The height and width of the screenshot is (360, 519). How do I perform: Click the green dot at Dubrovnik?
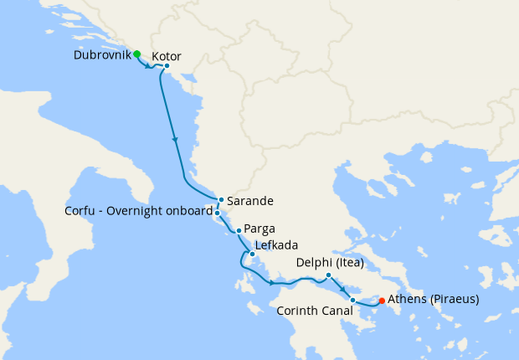pyautogui.click(x=137, y=54)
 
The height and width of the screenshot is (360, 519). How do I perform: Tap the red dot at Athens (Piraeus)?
pyautogui.click(x=382, y=301)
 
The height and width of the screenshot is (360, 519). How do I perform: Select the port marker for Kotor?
pyautogui.click(x=167, y=66)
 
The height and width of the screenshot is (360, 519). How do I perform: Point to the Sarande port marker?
pyautogui.click(x=220, y=200)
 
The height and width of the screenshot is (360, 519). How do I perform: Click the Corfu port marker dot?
pyautogui.click(x=217, y=213)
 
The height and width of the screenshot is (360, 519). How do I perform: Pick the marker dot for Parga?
pyautogui.click(x=239, y=230)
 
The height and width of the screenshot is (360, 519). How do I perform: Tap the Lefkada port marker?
pyautogui.click(x=252, y=254)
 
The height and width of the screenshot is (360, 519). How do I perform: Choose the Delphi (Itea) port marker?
pyautogui.click(x=328, y=275)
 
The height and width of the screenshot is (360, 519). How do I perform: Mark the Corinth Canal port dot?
pyautogui.click(x=352, y=300)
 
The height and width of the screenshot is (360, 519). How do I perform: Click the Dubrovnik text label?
pyautogui.click(x=100, y=56)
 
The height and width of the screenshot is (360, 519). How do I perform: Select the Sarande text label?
pyautogui.click(x=251, y=201)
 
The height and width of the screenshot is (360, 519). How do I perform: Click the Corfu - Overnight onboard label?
pyautogui.click(x=138, y=212)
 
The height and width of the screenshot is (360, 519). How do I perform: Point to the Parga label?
pyautogui.click(x=260, y=229)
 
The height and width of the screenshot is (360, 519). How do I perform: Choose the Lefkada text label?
pyautogui.click(x=278, y=249)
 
